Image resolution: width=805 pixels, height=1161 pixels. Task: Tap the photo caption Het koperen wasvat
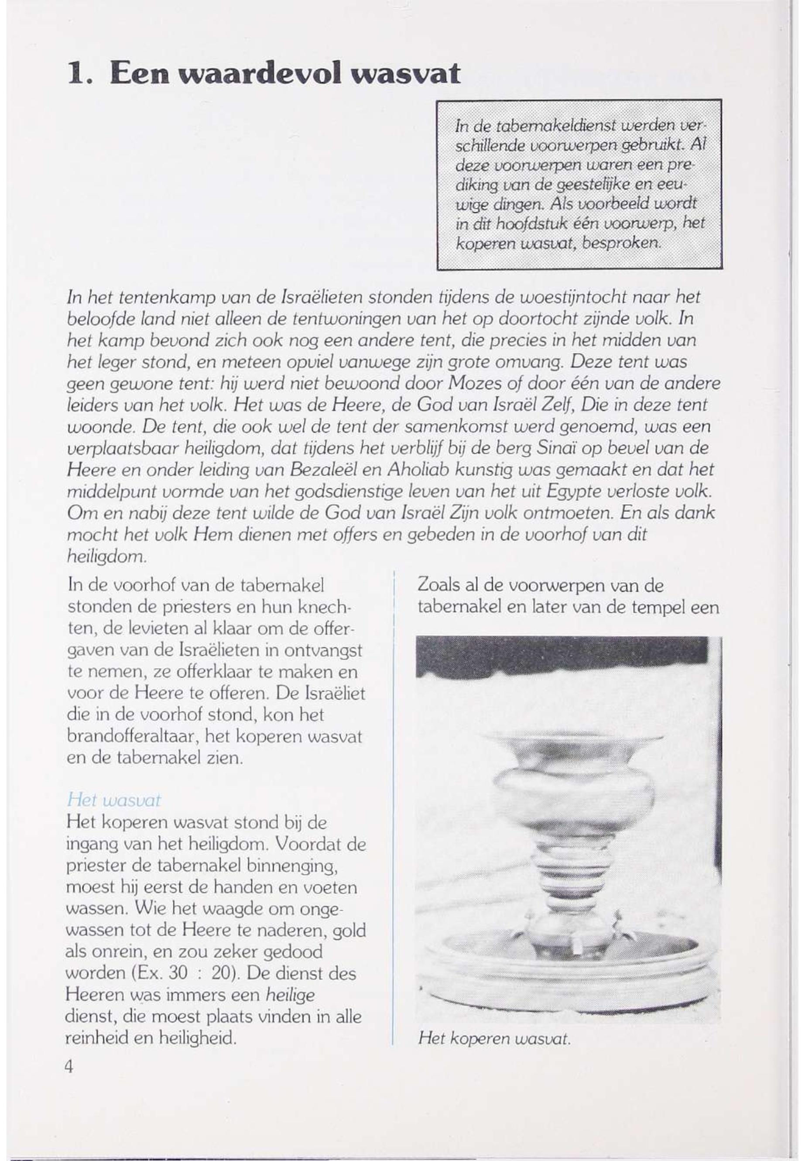tap(494, 1039)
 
